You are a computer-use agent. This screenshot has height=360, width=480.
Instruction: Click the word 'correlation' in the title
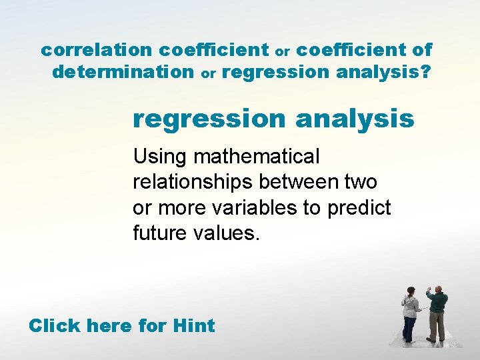pyautogui.click(x=97, y=50)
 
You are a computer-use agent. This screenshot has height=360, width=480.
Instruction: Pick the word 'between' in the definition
pyautogui.click(x=305, y=182)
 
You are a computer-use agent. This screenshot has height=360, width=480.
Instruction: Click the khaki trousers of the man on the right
pyautogui.click(x=437, y=326)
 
